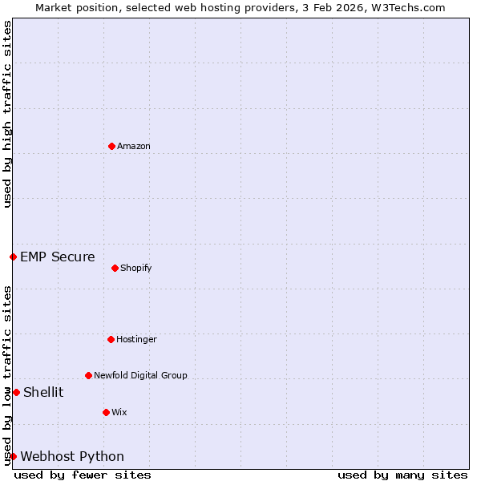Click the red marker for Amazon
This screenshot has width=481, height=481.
point(111,146)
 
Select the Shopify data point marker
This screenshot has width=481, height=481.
point(115,268)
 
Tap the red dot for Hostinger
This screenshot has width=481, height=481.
point(111,339)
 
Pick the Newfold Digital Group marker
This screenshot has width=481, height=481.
point(88,375)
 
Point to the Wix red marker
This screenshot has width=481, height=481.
point(106,412)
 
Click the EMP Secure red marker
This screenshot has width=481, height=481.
point(13,257)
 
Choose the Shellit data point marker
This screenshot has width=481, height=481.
point(16,392)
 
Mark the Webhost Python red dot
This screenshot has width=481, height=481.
point(13,456)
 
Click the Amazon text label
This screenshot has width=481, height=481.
point(134,146)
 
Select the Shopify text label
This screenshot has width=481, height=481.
point(136,268)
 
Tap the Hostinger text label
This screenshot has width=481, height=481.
point(136,339)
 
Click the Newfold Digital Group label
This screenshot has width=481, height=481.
point(140,375)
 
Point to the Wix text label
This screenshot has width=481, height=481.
point(119,412)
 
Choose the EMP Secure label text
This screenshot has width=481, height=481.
point(58,257)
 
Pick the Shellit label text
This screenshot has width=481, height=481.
point(43,392)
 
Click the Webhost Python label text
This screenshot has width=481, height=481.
point(72,456)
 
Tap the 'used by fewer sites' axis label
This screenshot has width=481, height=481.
point(83,475)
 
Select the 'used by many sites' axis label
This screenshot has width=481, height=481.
point(402,475)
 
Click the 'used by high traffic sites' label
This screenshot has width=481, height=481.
point(7,114)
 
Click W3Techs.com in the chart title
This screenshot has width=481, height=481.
point(407,7)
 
